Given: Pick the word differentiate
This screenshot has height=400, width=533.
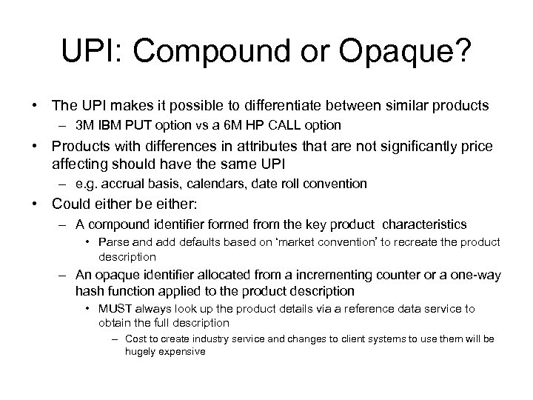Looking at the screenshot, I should click(280, 106).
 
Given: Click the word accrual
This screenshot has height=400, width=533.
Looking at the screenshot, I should click(131, 184).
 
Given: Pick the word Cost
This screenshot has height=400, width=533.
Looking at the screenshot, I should click(135, 339).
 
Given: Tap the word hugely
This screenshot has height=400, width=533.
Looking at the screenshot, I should click(140, 351).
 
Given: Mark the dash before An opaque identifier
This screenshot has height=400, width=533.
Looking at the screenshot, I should click(64, 276).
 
